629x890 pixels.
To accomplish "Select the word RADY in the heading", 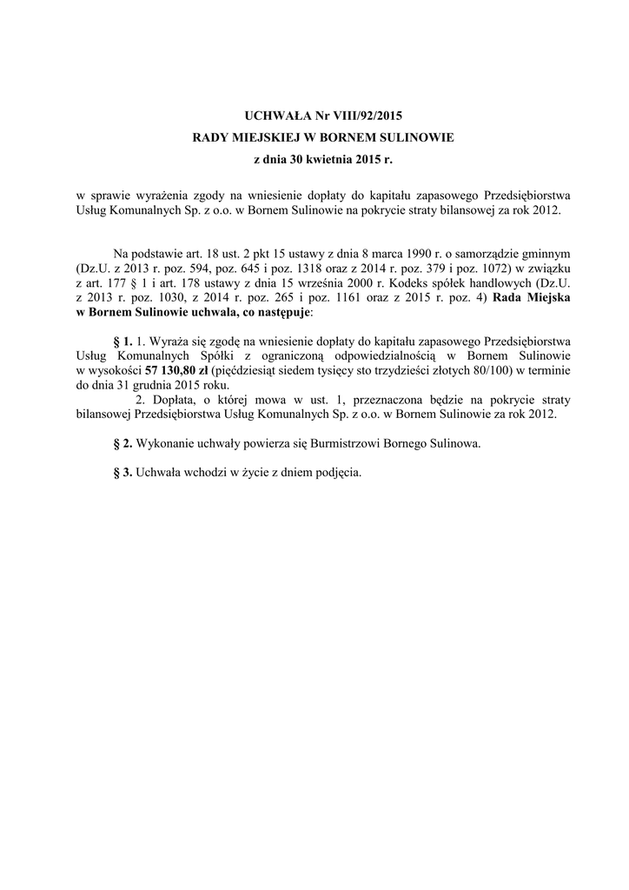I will [209, 138].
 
